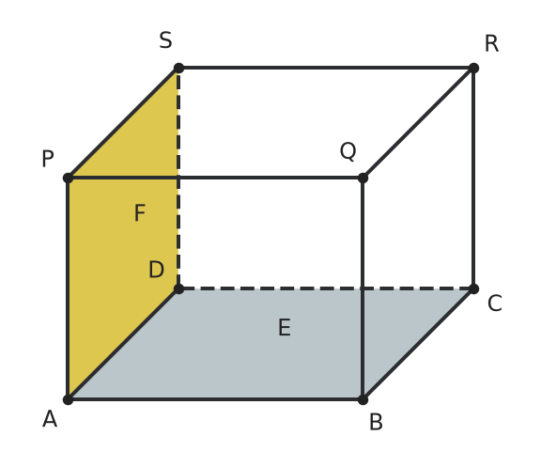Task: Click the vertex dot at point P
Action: [x=68, y=179]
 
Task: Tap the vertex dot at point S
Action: [x=178, y=68]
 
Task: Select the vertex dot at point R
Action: [x=473, y=68]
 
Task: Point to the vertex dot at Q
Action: [x=363, y=179]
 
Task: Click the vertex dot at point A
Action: [x=68, y=399]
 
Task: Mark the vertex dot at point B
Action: [x=363, y=399]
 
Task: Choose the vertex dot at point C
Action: [x=473, y=288]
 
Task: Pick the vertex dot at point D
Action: [x=178, y=288]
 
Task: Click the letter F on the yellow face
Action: [x=140, y=212]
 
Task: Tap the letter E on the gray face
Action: [x=285, y=327]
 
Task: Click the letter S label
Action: [x=165, y=40]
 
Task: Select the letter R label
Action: [x=491, y=44]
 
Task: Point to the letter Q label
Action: [x=348, y=151]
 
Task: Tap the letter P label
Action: [x=48, y=159]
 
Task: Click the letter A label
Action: [x=50, y=419]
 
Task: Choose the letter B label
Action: [x=376, y=422]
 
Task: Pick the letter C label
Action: [x=495, y=304]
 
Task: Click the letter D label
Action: [x=156, y=270]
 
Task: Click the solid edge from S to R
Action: [x=326, y=68]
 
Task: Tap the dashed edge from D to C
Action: [x=326, y=288]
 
